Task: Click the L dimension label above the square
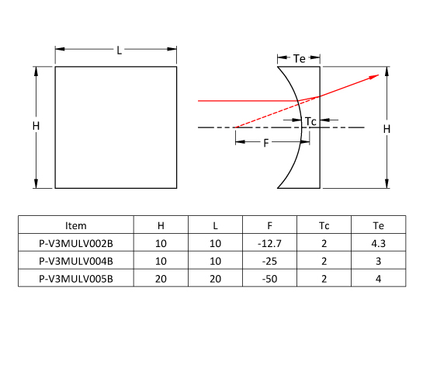[x=120, y=50]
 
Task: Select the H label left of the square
[x=36, y=126]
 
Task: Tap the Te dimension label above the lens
[x=299, y=58]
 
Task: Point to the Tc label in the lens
[x=310, y=121]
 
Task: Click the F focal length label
[x=266, y=143]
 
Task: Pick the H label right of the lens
[x=387, y=129]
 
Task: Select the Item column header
[x=76, y=225]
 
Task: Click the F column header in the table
[x=269, y=225]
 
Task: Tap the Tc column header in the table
[x=324, y=225]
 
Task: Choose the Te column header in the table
[x=379, y=225]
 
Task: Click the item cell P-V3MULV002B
[x=76, y=243]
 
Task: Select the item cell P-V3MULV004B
[x=76, y=261]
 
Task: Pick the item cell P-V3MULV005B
[x=76, y=279]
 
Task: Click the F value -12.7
[x=269, y=243]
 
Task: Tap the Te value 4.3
[x=379, y=243]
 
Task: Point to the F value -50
[x=269, y=279]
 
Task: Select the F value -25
[x=269, y=261]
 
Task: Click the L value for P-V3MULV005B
[x=215, y=279]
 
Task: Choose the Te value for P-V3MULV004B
[x=379, y=261]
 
